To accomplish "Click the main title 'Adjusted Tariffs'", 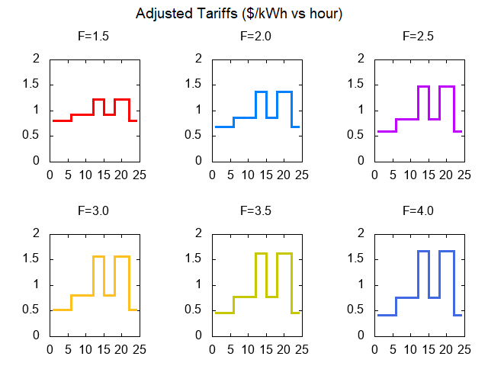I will click(x=239, y=14).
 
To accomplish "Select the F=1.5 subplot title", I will click(x=94, y=36).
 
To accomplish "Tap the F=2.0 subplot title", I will click(x=255, y=36).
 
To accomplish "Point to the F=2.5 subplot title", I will click(x=418, y=36).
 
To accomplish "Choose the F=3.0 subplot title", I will click(x=94, y=210).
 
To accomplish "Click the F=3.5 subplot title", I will click(x=255, y=210).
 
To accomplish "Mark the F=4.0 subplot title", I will click(x=418, y=210).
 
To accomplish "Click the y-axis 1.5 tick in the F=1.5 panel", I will click(x=33, y=85).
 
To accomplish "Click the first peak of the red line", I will click(x=98, y=99).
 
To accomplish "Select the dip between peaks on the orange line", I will click(x=109, y=294).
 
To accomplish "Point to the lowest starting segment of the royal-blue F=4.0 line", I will click(x=385, y=315).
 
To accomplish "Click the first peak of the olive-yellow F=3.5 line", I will click(x=261, y=252).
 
